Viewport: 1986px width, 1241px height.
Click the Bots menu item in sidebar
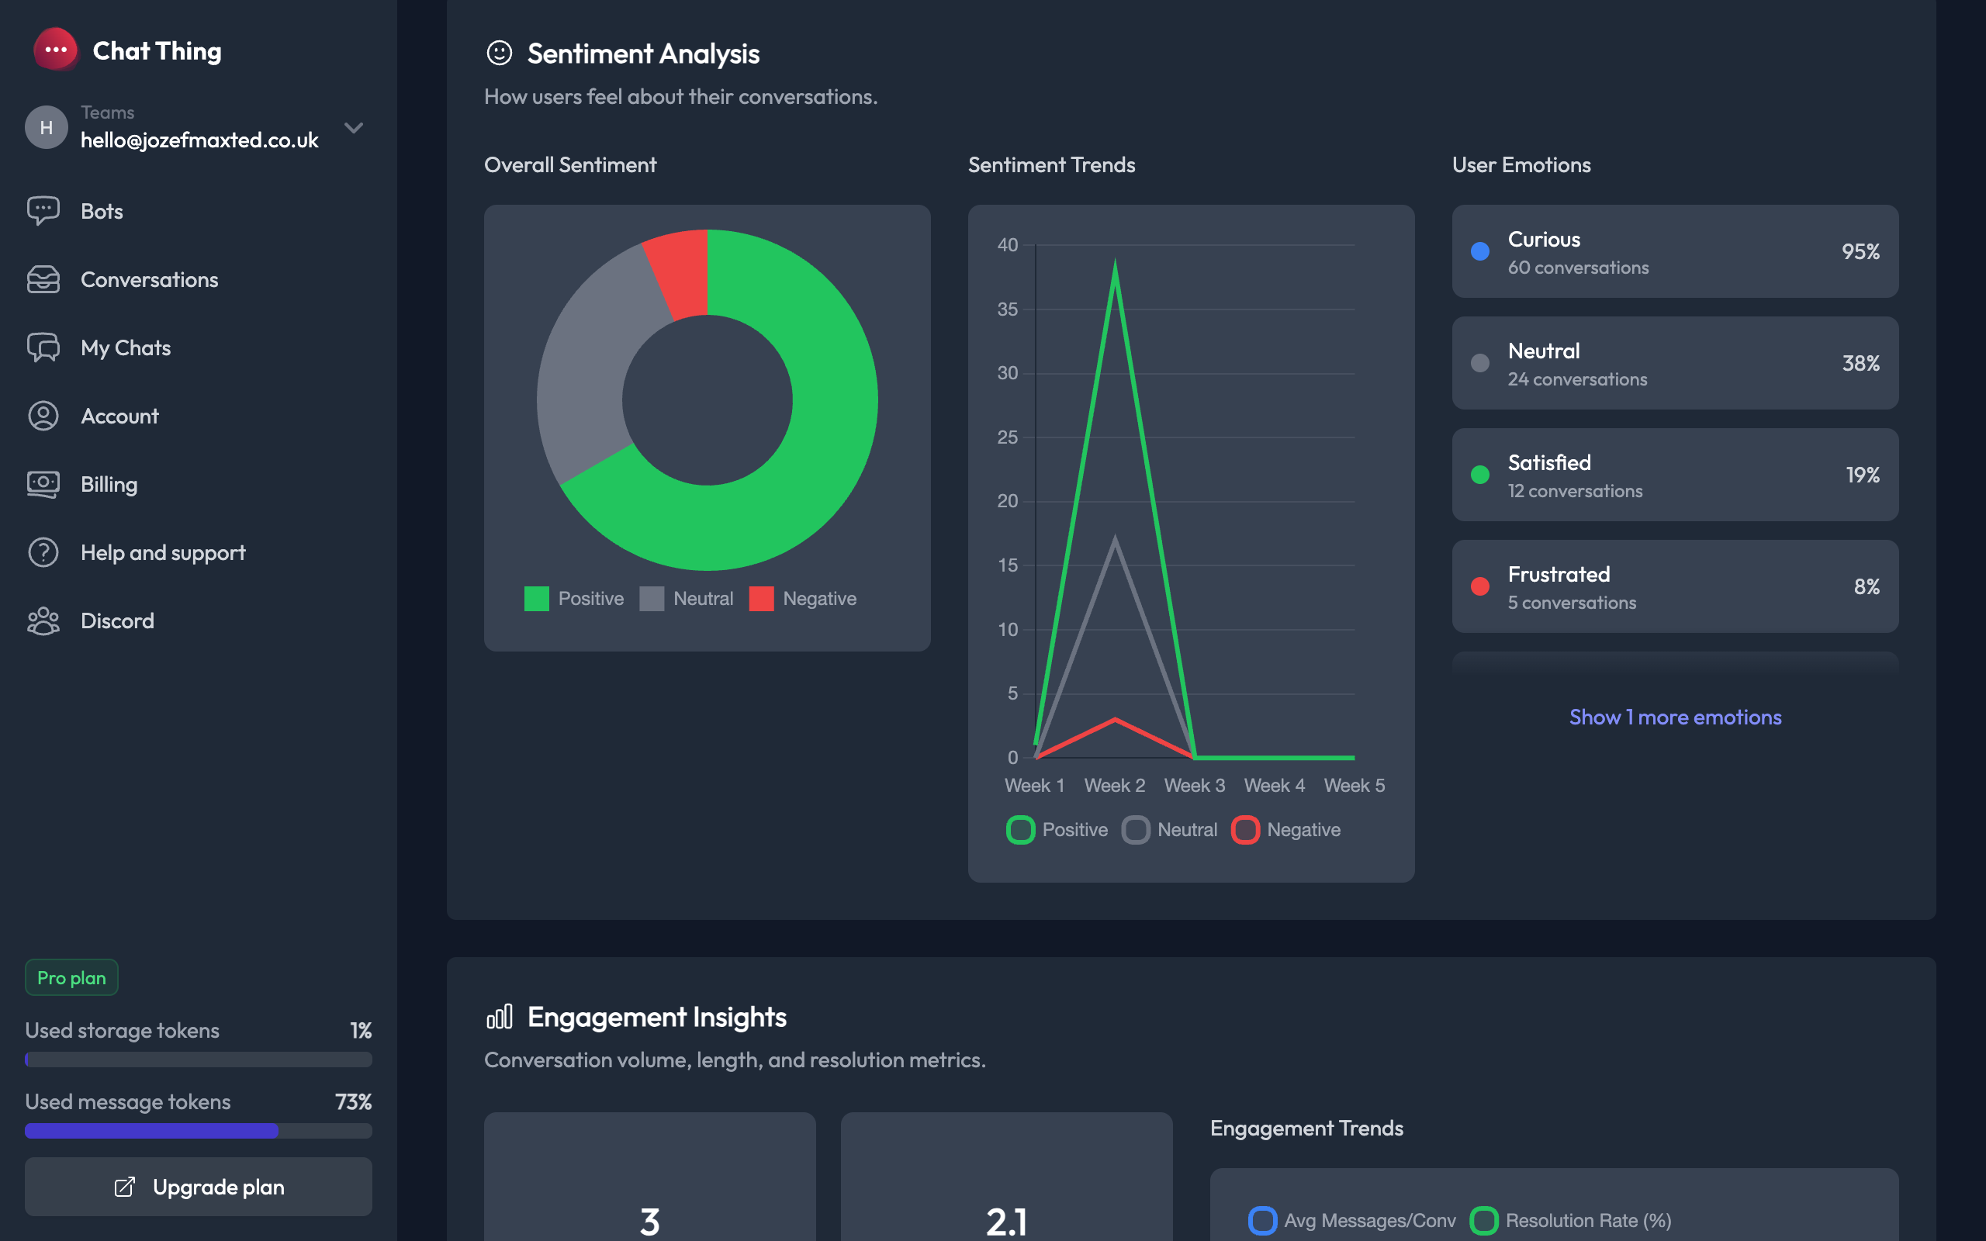coord(101,211)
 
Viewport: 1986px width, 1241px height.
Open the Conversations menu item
coord(148,279)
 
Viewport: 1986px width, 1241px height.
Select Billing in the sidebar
coord(109,484)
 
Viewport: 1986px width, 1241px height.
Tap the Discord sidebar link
coord(116,620)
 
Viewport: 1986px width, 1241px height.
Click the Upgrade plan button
coord(199,1187)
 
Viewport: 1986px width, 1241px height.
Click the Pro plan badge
coord(71,977)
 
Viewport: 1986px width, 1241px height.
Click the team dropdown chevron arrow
coord(354,127)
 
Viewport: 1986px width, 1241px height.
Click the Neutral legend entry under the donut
coord(687,598)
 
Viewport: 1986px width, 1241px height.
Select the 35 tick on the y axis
coord(1007,309)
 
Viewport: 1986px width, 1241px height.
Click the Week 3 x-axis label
coord(1194,786)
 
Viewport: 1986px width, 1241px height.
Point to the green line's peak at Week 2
coord(1115,263)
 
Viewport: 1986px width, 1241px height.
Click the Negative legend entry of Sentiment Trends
coord(1287,830)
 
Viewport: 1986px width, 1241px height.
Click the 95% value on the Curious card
coord(1860,251)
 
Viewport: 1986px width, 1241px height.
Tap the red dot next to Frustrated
coord(1479,586)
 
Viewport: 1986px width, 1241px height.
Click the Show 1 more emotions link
coord(1675,717)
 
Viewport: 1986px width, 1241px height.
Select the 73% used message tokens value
coord(353,1101)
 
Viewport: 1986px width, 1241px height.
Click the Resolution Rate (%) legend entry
coord(1571,1221)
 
